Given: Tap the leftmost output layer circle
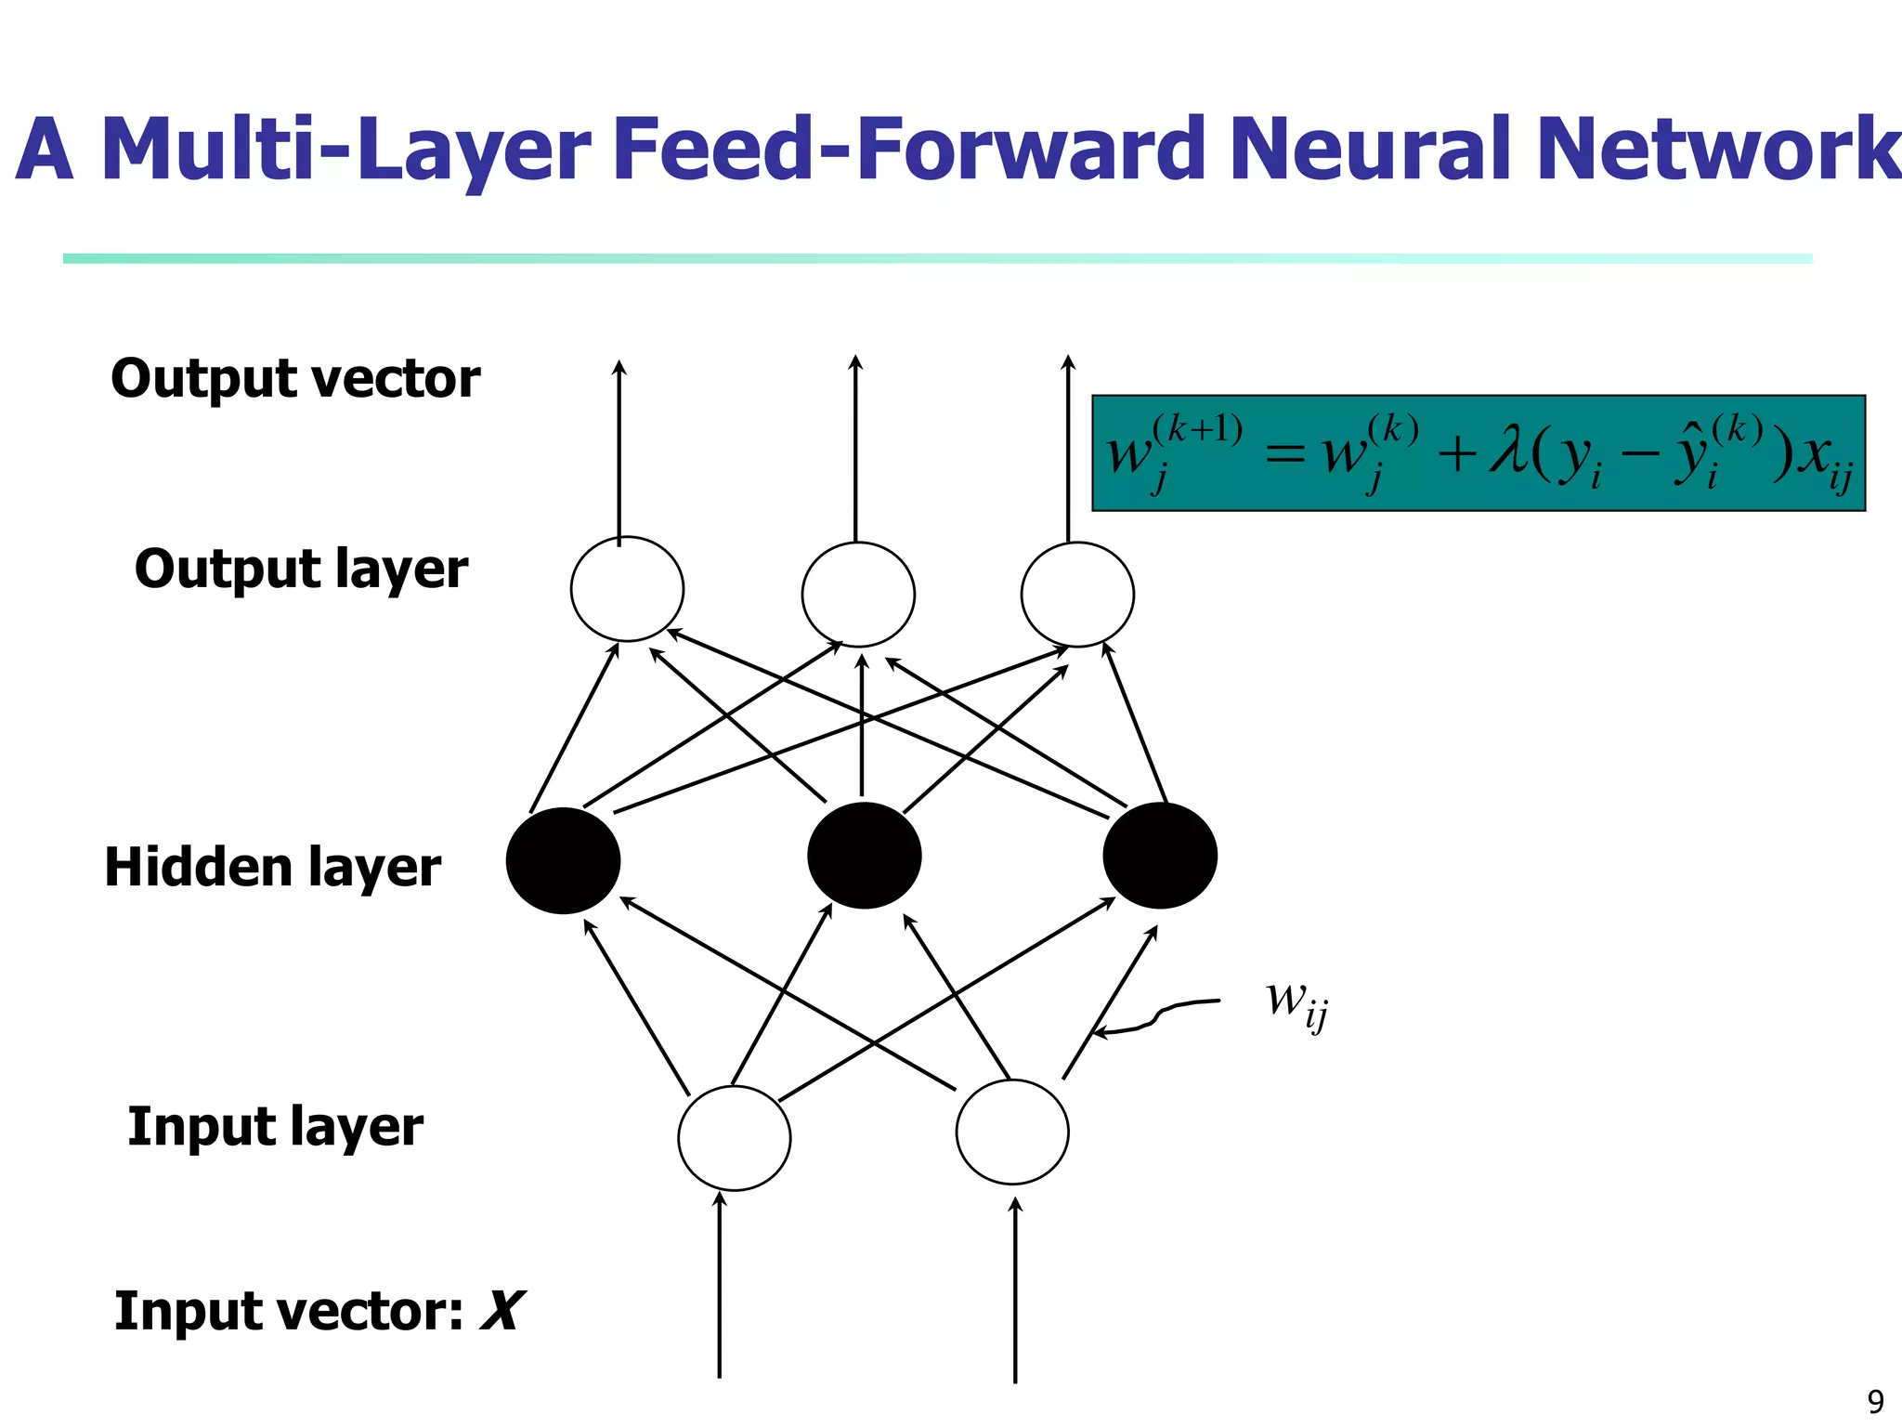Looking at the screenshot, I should (x=627, y=589).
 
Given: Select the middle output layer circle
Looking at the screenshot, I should (x=858, y=595).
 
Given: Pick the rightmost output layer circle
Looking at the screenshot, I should (x=1077, y=595).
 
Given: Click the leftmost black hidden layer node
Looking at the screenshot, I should (x=563, y=860).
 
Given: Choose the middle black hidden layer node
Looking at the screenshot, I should (x=864, y=856).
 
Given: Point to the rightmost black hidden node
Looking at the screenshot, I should (x=1160, y=856).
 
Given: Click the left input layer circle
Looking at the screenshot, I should (x=734, y=1138).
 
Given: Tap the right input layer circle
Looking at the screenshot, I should (x=1012, y=1132).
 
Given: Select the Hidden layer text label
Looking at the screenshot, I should (x=272, y=868).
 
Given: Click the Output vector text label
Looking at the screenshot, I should (x=295, y=379).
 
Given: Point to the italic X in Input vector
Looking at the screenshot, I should (x=502, y=1311).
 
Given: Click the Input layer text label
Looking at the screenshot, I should (x=275, y=1127).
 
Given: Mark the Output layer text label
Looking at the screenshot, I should (x=301, y=569).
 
